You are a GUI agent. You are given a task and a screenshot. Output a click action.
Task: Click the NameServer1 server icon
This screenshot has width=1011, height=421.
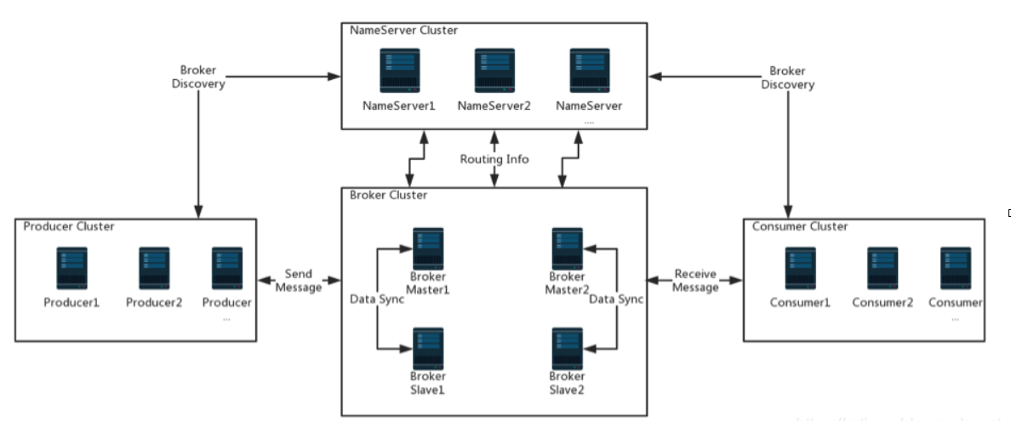[399, 71]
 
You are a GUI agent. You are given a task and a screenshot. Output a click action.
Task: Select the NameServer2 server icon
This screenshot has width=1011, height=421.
[494, 71]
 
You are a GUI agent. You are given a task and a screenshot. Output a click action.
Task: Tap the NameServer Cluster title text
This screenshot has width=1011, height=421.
[404, 31]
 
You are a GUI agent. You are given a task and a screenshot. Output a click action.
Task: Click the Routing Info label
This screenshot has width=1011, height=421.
[494, 159]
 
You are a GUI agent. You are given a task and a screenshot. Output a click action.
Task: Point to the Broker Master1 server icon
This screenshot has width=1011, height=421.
[428, 247]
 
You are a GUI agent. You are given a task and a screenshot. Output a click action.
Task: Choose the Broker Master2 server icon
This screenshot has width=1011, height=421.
[567, 247]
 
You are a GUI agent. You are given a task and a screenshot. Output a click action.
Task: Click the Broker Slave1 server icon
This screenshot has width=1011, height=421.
[428, 348]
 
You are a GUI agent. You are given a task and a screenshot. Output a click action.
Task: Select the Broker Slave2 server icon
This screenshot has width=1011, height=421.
[567, 348]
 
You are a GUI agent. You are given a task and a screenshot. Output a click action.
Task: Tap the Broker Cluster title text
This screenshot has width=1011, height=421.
[389, 195]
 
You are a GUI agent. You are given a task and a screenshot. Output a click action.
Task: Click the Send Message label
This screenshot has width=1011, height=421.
[299, 281]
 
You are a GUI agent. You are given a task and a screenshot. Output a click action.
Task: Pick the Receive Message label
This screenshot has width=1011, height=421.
[695, 281]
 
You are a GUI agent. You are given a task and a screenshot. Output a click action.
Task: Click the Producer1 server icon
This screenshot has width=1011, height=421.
[72, 268]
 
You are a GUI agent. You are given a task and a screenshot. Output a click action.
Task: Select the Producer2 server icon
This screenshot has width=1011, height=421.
[154, 268]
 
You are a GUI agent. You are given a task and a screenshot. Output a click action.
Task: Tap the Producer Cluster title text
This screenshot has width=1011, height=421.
[69, 226]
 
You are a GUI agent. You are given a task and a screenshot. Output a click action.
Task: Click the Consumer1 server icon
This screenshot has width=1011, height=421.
[800, 268]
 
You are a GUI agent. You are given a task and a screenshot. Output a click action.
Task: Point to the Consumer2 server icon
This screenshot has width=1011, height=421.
[882, 268]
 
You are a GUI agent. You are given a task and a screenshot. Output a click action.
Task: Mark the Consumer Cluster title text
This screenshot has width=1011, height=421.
[800, 226]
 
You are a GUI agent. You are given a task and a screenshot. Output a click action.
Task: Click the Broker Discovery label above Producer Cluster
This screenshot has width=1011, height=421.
[198, 77]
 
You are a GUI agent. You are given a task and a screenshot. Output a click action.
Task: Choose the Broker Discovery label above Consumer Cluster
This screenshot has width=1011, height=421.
[787, 77]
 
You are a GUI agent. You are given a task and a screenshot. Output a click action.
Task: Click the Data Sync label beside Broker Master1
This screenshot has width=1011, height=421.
[376, 299]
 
